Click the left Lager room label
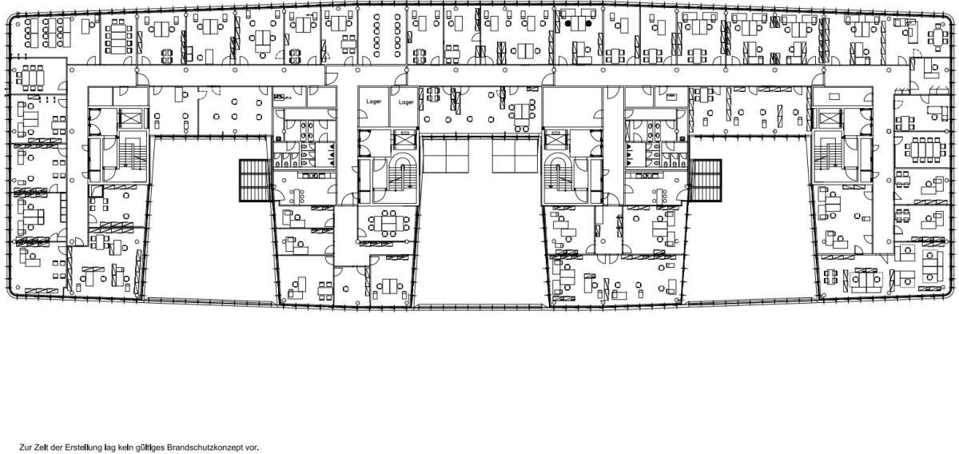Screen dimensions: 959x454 [x=374, y=102]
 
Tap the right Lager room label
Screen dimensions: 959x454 [x=406, y=102]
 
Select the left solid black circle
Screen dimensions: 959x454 [x=567, y=23]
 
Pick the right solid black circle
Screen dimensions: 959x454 [x=589, y=23]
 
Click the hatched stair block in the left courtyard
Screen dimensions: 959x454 [x=255, y=181]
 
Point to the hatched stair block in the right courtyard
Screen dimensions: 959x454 [x=705, y=181]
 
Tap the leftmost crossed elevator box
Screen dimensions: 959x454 [x=129, y=117]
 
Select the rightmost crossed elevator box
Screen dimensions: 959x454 [x=830, y=117]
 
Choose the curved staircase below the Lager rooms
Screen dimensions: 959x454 [x=403, y=172]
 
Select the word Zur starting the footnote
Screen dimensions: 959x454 [x=25, y=448]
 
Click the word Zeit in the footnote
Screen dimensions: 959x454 [x=39, y=448]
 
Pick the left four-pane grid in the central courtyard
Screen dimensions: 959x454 [x=446, y=155]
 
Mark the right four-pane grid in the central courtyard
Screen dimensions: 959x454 [x=515, y=155]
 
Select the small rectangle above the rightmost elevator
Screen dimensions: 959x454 [x=834, y=97]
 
